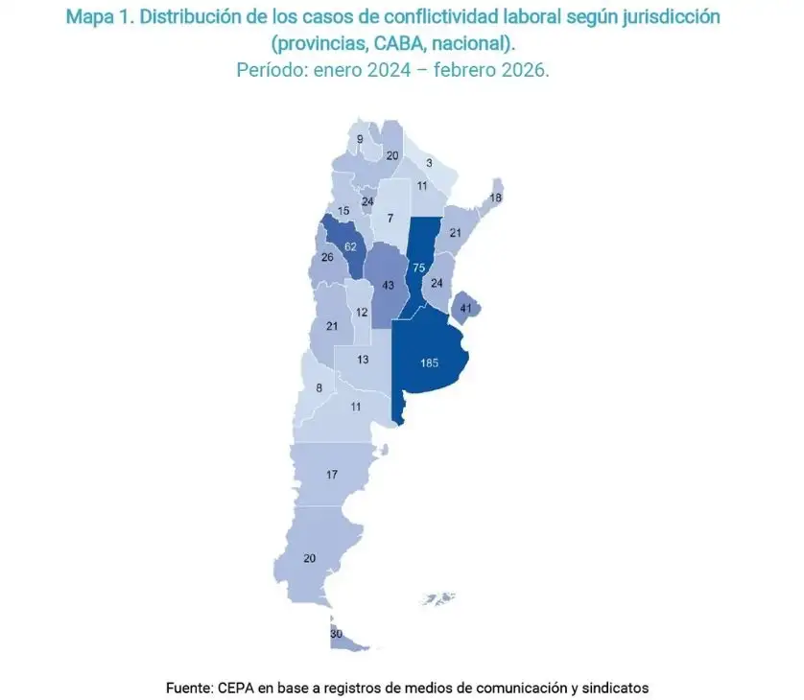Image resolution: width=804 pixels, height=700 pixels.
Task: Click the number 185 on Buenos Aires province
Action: coord(429,363)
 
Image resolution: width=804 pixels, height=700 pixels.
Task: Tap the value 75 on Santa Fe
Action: coord(417,268)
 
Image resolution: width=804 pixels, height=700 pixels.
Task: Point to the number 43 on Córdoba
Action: coord(389,286)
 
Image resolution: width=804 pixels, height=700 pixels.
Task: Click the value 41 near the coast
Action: coord(466,309)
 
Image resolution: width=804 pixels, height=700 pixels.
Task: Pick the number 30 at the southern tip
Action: coord(336,634)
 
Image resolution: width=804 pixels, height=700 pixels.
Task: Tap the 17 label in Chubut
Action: coord(332,475)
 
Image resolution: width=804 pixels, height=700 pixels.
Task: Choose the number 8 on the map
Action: coord(319,388)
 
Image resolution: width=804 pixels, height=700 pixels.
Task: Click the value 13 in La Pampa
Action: coord(362,360)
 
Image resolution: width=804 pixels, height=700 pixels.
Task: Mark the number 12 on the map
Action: coord(362,313)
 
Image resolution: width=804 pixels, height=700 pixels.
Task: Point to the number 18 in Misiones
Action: coord(495,198)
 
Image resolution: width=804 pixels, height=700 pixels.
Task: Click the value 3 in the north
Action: coord(429,164)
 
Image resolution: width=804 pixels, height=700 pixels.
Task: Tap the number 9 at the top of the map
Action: coord(360,140)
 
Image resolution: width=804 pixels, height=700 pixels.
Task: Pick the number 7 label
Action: coord(390,219)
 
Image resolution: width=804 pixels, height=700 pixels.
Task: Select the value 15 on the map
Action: coord(343,211)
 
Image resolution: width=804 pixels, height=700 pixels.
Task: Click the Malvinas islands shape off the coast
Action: coord(440,599)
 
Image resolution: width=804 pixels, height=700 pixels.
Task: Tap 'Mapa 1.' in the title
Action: coord(96,18)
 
